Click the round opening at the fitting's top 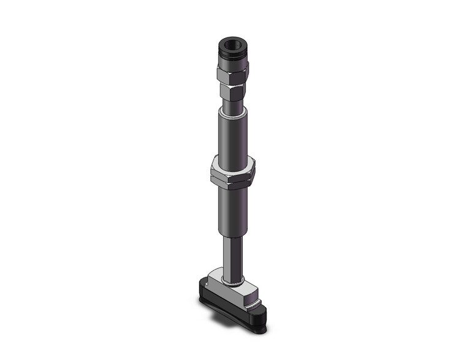[x=233, y=44]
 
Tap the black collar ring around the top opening [x=233, y=55]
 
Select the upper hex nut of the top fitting [x=232, y=74]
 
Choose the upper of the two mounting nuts [x=232, y=166]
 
